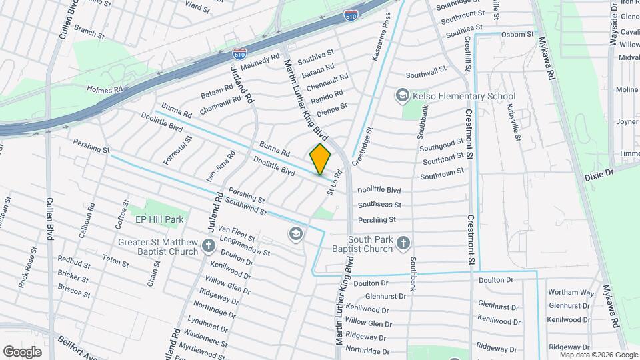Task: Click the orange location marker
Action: pyautogui.click(x=320, y=159)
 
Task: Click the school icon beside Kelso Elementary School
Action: pyautogui.click(x=402, y=96)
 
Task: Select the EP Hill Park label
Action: pyautogui.click(x=159, y=219)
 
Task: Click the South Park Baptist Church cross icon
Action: pyautogui.click(x=403, y=244)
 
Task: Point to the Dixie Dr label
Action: pyautogui.click(x=598, y=175)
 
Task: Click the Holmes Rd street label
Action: pyautogui.click(x=105, y=89)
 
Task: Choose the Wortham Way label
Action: pyautogui.click(x=570, y=293)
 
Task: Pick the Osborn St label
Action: pyautogui.click(x=517, y=34)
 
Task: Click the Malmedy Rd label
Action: pyautogui.click(x=260, y=62)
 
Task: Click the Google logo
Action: pyautogui.click(x=22, y=351)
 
